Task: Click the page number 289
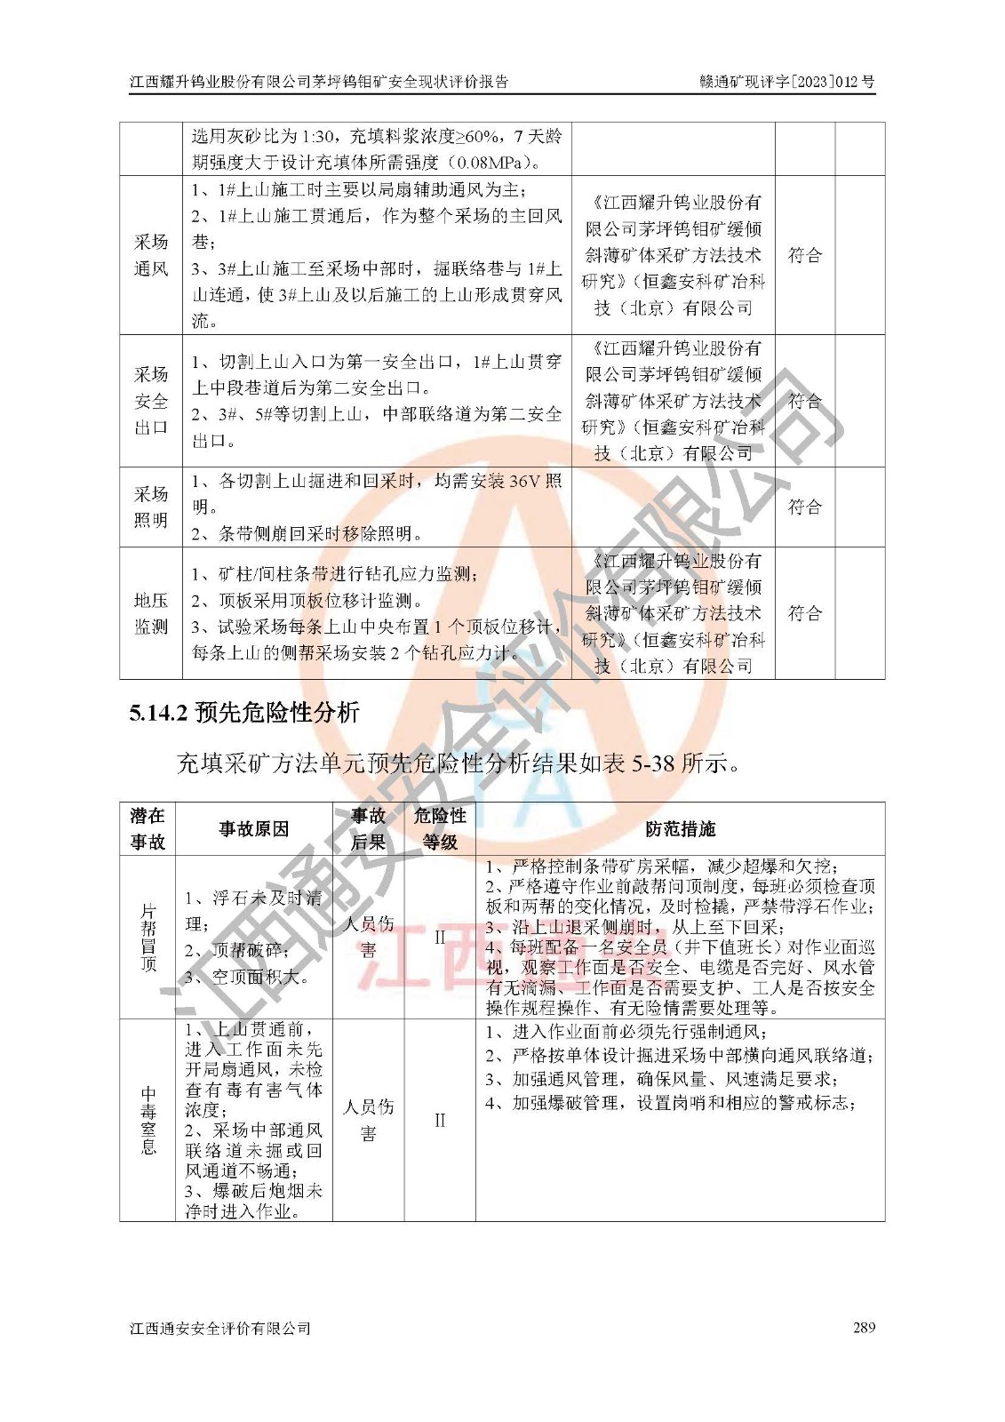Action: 863,1327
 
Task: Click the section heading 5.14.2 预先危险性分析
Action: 243,713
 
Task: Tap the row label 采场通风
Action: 151,255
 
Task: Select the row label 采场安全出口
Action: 151,400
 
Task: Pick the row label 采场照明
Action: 151,507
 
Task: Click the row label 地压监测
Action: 151,613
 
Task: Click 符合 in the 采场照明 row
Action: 805,507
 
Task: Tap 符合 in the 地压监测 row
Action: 805,613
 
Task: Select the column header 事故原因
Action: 254,829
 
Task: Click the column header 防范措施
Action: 680,829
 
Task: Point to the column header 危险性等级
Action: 440,829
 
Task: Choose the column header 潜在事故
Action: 148,829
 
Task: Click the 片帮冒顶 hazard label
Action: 148,938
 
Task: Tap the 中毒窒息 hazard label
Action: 148,1120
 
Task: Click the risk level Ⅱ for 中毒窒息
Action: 440,1120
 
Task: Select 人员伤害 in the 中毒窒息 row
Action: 368,1120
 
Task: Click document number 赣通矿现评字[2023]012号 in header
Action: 786,82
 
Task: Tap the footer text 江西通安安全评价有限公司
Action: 220,1328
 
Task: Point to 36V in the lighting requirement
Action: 524,481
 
